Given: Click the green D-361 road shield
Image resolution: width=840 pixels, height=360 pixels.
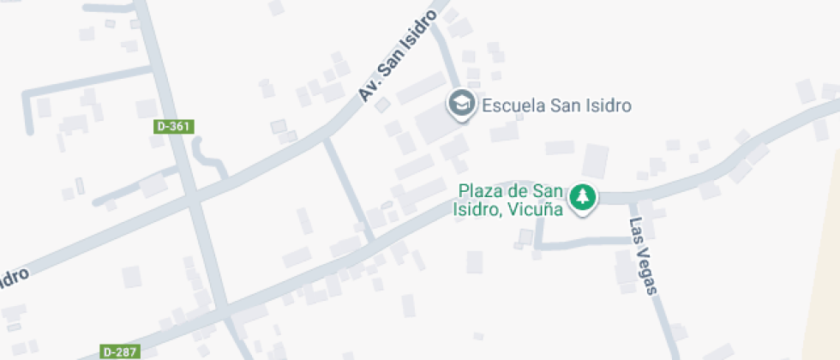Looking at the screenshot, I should coord(174,126).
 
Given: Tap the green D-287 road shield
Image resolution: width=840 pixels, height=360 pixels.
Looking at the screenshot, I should coord(120,351).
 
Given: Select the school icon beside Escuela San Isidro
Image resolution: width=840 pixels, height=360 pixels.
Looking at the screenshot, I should coord(462,104).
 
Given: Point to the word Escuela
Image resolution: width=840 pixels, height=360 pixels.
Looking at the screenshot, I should coord(511,106).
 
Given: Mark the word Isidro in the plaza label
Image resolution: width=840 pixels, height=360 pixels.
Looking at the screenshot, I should coord(475,208).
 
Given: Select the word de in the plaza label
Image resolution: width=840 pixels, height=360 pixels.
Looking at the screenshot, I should coord(517,190).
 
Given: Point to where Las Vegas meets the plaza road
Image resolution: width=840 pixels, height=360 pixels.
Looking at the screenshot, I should coord(633,198).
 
